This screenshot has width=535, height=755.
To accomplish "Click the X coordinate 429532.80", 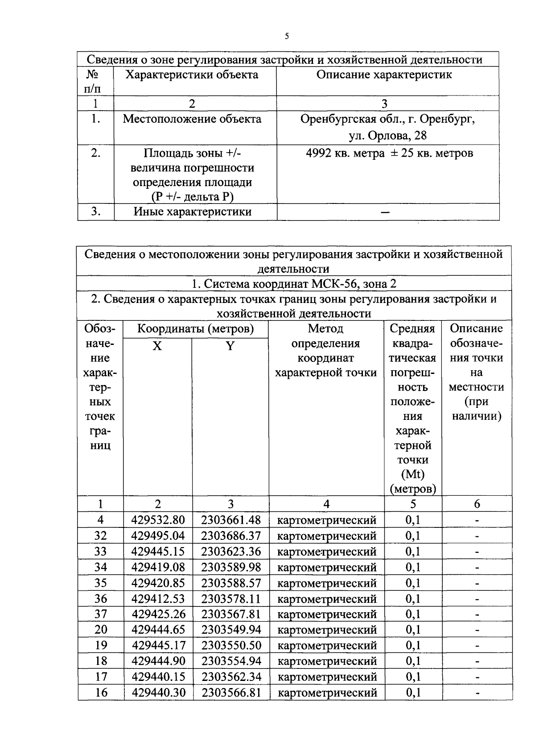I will (x=158, y=520).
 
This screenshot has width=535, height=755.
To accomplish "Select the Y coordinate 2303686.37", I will (x=230, y=535).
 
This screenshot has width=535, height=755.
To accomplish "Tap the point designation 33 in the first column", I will (x=101, y=552).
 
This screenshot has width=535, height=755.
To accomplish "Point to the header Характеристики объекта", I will (x=192, y=75).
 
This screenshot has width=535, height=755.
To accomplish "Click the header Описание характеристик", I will (x=384, y=75).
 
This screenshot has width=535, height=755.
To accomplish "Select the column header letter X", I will (x=157, y=346).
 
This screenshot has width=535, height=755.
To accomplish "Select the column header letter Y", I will (x=230, y=346).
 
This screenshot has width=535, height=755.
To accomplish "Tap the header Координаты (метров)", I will (x=195, y=329).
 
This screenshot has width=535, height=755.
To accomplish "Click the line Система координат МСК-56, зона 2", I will (x=294, y=284).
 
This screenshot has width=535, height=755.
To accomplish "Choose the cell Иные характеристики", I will (x=193, y=212).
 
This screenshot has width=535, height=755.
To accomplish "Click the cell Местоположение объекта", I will (x=192, y=119).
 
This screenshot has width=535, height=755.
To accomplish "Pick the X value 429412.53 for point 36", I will (x=158, y=598).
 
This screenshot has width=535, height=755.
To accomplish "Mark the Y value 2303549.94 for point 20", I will (x=230, y=630).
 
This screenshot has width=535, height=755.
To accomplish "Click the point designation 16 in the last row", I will (x=101, y=693).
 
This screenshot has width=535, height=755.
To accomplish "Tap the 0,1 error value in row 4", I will (x=412, y=520).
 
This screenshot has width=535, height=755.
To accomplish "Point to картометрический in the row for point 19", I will (x=327, y=646).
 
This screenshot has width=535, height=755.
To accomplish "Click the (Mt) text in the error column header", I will (x=412, y=474).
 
